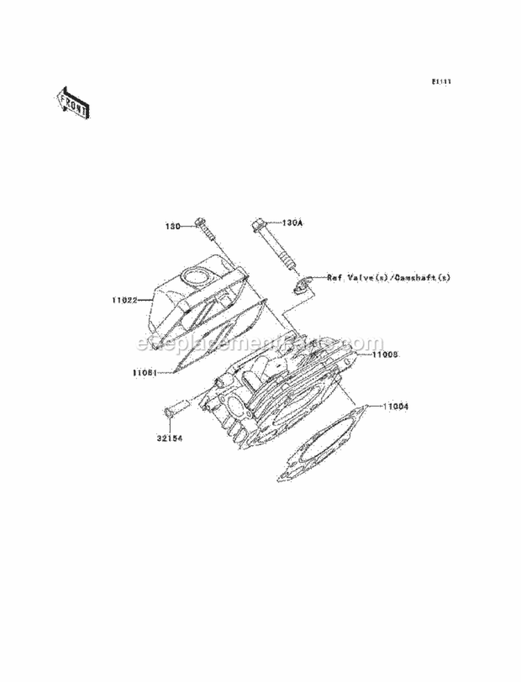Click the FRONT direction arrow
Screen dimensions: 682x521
click(72, 102)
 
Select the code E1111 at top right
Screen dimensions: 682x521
click(441, 82)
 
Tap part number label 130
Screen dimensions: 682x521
click(173, 226)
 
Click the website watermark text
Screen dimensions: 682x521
click(260, 343)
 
